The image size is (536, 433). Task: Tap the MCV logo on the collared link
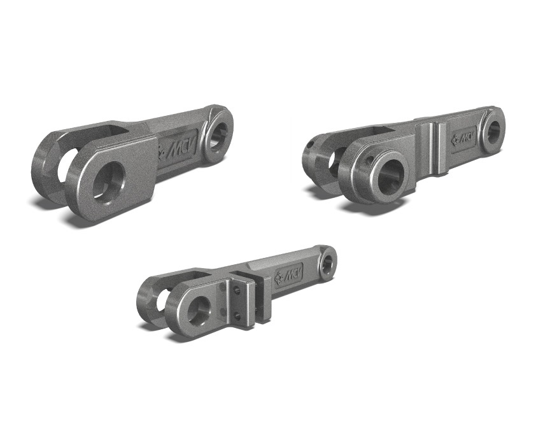(x=463, y=139)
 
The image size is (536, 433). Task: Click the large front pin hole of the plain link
(x=109, y=182)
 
